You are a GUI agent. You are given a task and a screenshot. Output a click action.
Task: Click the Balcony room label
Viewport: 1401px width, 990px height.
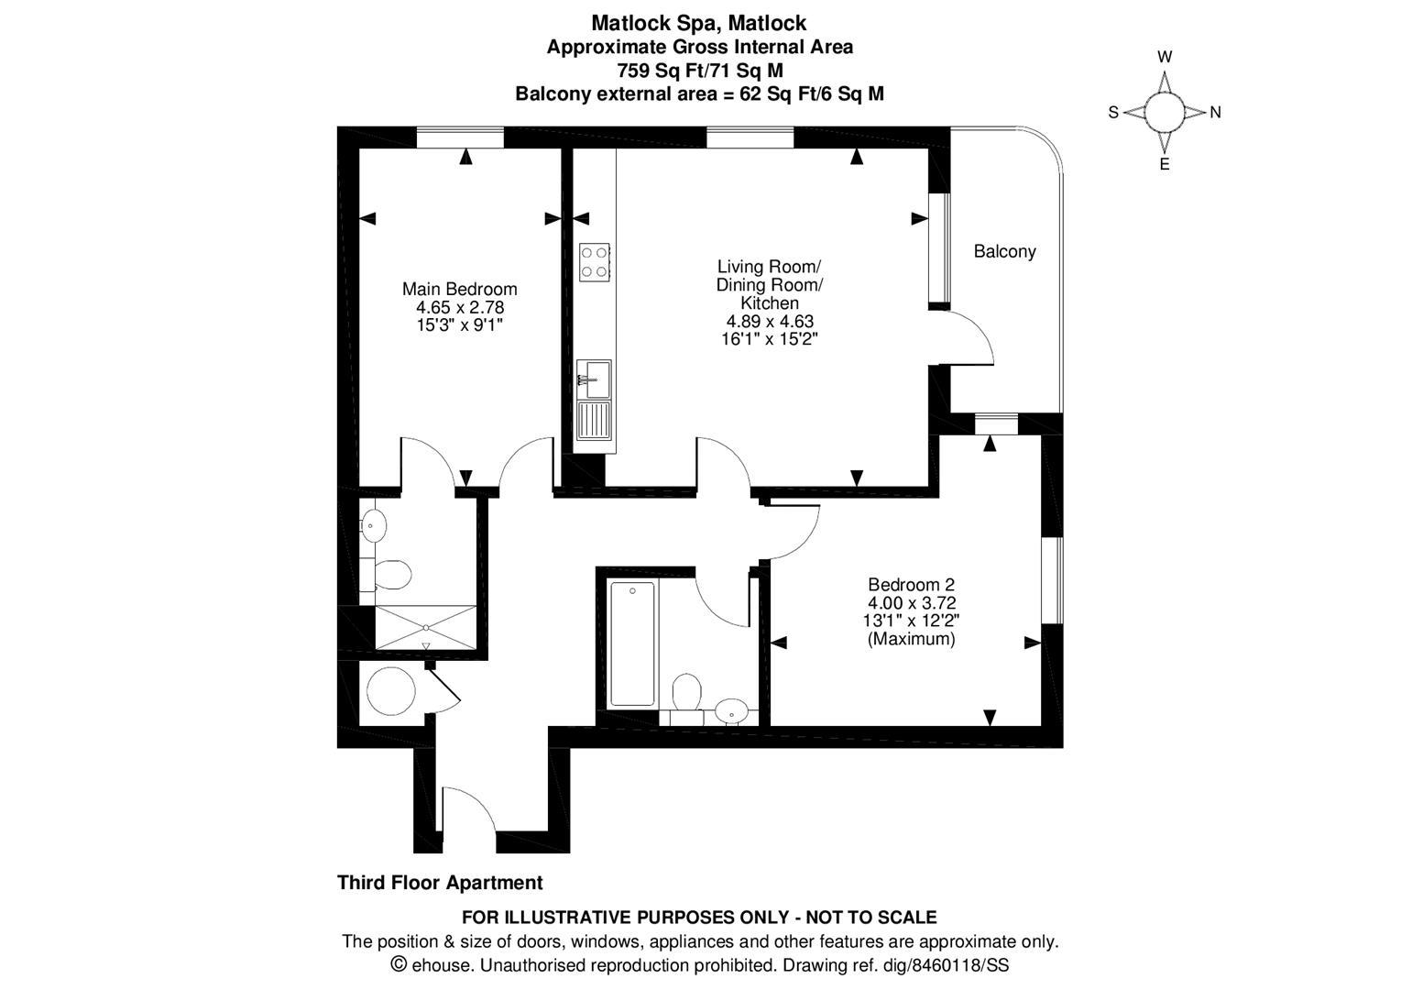click(1004, 251)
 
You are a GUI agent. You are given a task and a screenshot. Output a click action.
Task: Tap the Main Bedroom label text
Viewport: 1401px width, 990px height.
click(459, 289)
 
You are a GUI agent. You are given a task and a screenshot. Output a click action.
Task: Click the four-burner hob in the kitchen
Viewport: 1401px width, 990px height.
click(595, 260)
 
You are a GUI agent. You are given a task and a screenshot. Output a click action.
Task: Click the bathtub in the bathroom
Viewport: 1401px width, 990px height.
click(632, 643)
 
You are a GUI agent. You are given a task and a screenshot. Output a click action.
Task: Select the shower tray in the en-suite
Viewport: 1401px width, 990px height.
click(426, 626)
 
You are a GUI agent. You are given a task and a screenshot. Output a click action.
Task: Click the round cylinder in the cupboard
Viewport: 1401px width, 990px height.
click(389, 689)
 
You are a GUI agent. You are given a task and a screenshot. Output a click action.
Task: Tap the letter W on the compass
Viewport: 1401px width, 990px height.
click(1165, 57)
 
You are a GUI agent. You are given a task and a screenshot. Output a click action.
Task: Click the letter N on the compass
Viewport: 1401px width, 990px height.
click(1215, 113)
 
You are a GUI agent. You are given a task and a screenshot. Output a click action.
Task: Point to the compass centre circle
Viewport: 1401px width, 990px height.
click(1165, 113)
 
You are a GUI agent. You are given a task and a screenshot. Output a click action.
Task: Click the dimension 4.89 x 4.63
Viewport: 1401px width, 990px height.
click(770, 321)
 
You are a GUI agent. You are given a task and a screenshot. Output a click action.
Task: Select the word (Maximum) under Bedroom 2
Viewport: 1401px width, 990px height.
click(911, 639)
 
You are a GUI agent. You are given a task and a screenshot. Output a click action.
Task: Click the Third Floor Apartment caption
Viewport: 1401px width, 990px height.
click(440, 883)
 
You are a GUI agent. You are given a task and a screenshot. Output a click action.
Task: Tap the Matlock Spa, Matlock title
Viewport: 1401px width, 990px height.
click(699, 22)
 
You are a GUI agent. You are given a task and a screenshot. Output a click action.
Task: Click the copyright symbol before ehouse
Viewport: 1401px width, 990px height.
click(399, 964)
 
